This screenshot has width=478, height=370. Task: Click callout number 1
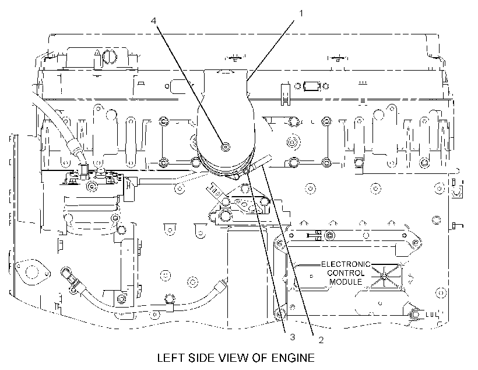tap(301, 14)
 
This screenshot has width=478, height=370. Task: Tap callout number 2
tap(321, 340)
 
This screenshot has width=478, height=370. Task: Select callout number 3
tap(293, 337)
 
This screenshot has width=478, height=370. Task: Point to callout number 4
tap(154, 21)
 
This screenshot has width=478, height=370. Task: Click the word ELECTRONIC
tap(346, 264)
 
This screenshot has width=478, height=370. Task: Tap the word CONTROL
tap(346, 273)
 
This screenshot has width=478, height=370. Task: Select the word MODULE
tap(346, 282)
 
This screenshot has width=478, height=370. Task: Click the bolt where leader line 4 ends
tap(225, 147)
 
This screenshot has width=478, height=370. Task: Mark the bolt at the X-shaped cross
tap(384, 277)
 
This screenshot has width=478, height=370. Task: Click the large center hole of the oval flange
tap(31, 271)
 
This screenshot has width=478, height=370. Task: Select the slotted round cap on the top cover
tap(109, 57)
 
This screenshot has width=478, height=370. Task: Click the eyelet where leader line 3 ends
tap(247, 173)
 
